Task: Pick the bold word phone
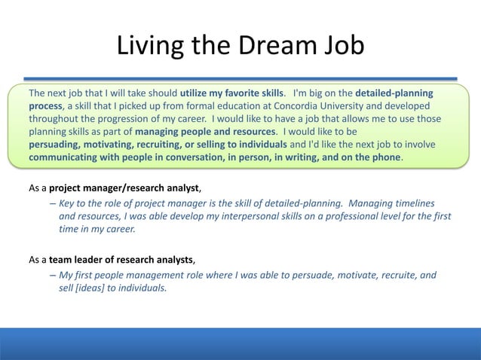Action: point(387,157)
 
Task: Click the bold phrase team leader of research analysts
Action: point(121,261)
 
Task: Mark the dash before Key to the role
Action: point(53,203)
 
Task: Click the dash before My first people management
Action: point(53,276)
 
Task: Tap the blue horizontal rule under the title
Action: point(240,78)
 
